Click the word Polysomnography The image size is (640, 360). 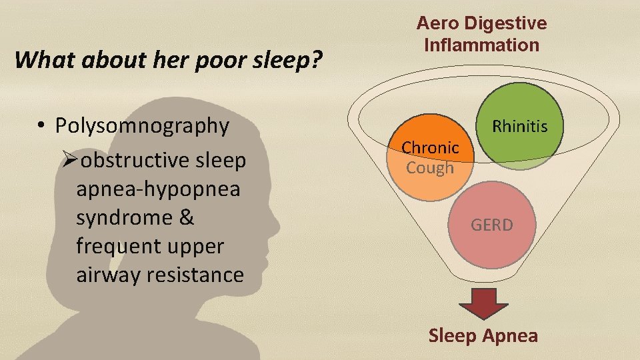(x=142, y=125)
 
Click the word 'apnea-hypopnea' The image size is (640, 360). (x=158, y=189)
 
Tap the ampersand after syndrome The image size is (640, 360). (x=187, y=218)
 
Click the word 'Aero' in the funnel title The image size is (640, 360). (x=436, y=23)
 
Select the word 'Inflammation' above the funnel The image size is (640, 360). (x=481, y=45)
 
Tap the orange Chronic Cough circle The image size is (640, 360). (x=431, y=157)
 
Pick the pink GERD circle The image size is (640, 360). (x=492, y=225)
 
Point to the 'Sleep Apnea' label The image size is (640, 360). (x=483, y=335)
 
